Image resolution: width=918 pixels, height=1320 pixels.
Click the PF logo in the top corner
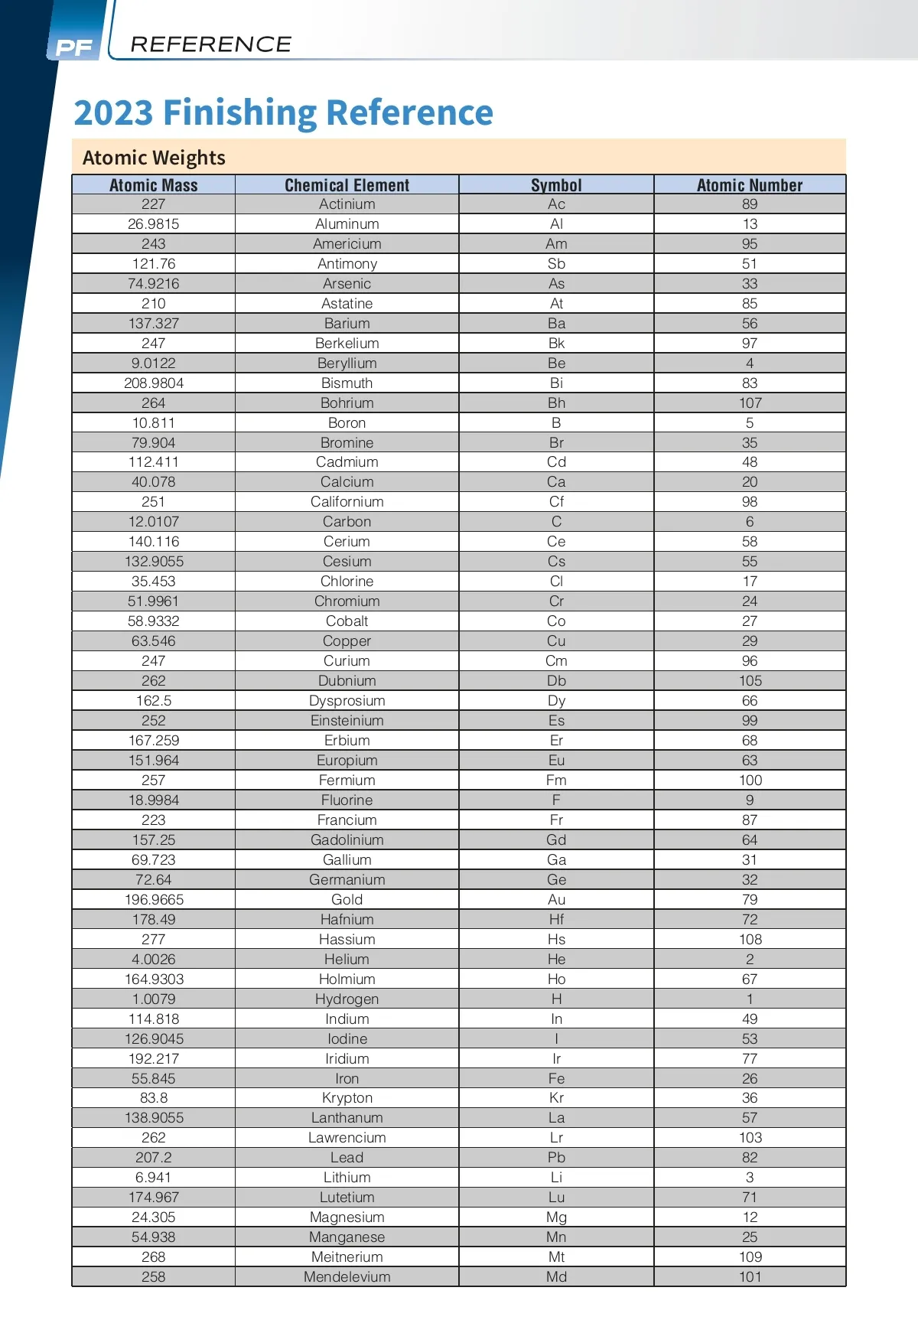coord(74,47)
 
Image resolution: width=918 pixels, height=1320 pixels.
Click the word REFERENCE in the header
coord(210,44)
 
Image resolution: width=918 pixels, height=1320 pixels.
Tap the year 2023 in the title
coord(113,112)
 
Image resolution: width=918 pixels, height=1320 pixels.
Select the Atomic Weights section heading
coord(154,158)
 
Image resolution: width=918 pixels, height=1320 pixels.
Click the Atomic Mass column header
coord(153,185)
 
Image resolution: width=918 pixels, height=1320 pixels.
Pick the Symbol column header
coord(556,185)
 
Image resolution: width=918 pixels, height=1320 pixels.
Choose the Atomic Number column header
coord(750,185)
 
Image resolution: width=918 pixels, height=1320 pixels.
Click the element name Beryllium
coord(347,363)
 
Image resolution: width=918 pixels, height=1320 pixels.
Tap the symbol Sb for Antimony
coord(556,264)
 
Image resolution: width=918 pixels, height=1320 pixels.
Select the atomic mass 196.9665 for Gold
coord(154,900)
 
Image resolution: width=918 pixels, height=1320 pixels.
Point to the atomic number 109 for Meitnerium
coord(750,1257)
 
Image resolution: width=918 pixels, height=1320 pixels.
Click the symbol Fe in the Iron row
coord(556,1079)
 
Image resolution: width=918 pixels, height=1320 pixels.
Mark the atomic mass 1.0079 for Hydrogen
coord(154,999)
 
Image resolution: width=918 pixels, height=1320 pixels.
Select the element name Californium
coord(347,502)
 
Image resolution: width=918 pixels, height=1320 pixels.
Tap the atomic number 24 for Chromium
coord(750,601)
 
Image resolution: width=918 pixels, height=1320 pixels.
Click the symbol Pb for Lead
coord(556,1158)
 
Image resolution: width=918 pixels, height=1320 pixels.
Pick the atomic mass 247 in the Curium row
coord(154,661)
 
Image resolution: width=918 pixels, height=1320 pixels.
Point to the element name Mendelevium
coord(347,1277)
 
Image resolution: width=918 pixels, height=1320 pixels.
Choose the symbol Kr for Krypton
coord(556,1098)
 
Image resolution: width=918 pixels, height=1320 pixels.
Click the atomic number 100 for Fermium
coord(750,781)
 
